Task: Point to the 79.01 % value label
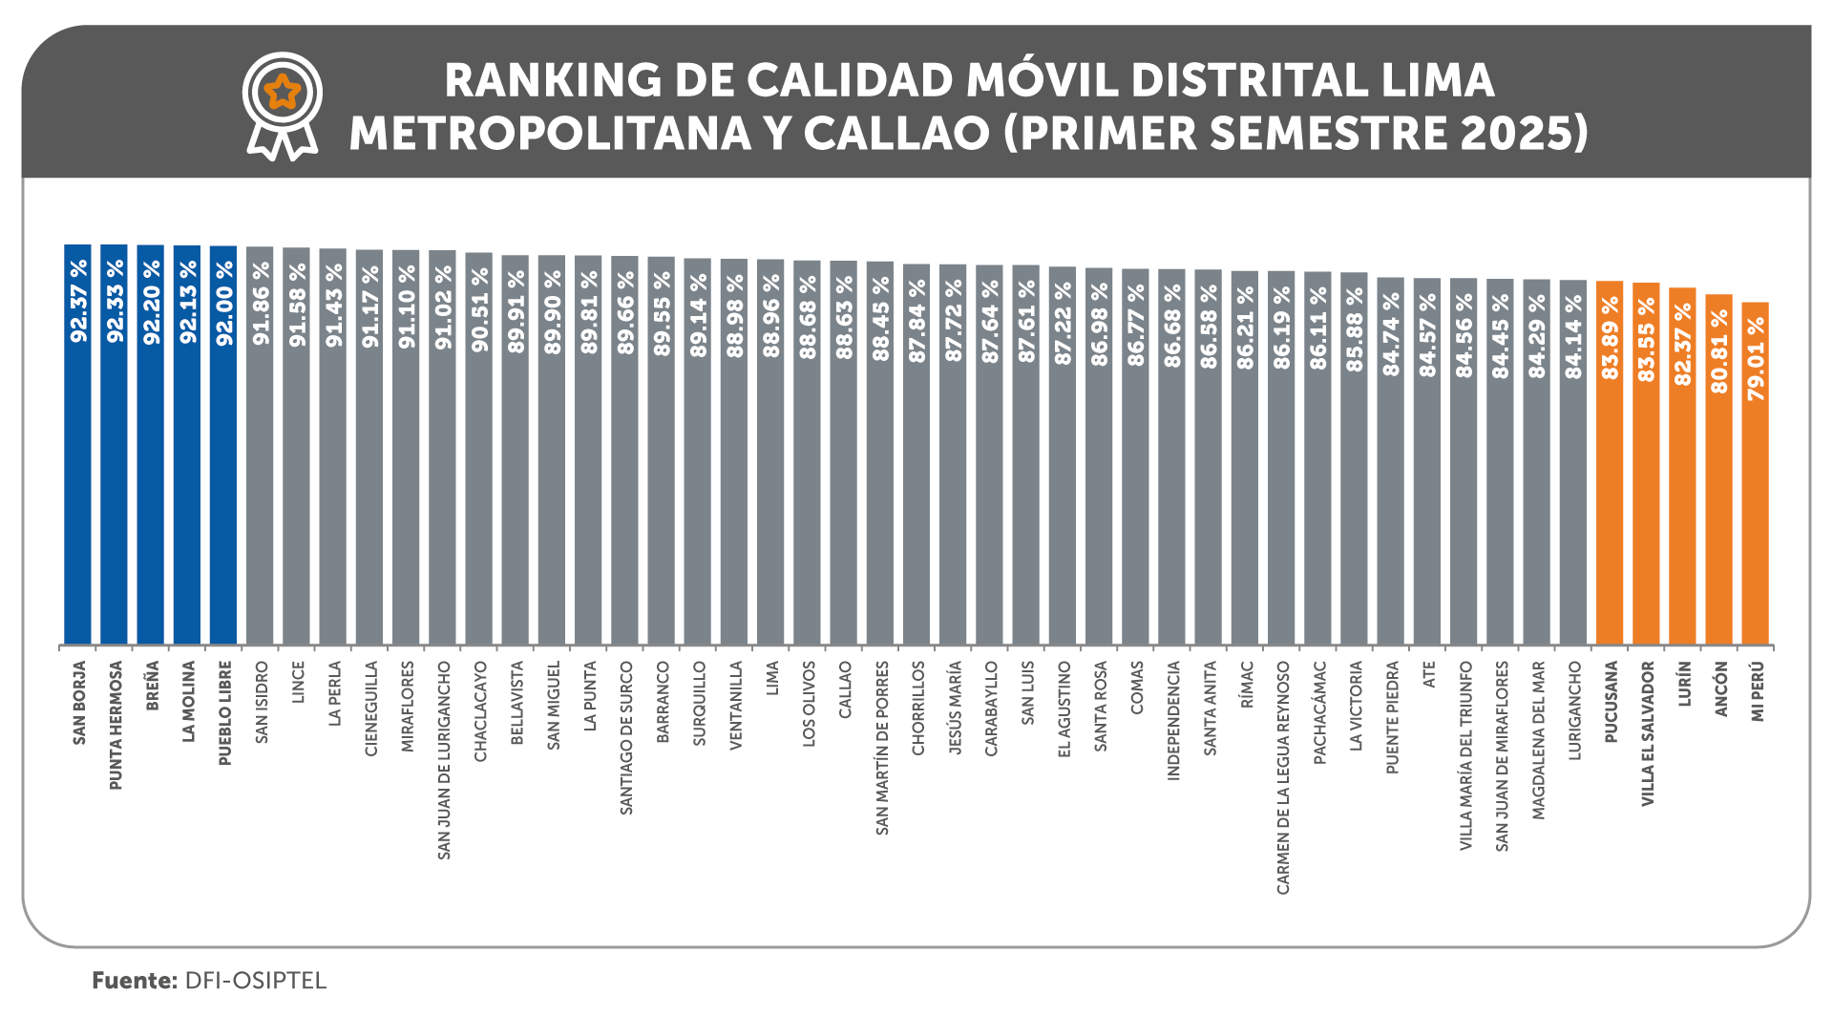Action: pos(1756,358)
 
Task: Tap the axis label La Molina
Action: pos(188,701)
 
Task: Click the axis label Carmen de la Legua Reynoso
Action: pos(1283,777)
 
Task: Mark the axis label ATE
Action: pos(1429,674)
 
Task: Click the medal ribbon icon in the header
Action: pos(283,105)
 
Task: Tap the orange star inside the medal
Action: pos(283,93)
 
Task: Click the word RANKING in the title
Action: pos(553,80)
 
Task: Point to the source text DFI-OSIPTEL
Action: pos(255,981)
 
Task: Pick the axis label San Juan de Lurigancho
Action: pos(443,760)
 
